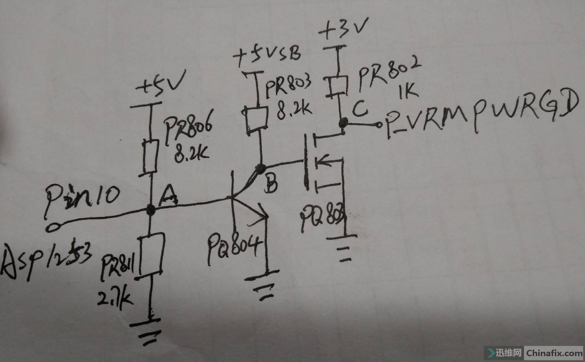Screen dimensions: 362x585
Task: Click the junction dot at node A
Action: point(150,210)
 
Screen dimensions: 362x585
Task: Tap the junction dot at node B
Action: point(261,169)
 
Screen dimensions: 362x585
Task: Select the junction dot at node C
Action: point(343,121)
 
